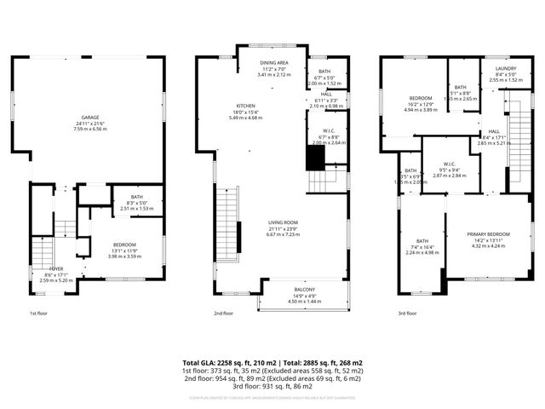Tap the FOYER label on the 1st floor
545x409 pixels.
pos(57,269)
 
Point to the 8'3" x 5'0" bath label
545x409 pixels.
pos(124,199)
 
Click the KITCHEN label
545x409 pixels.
pos(246,106)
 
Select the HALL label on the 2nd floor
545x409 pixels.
pos(326,95)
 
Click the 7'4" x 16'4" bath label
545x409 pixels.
pos(422,241)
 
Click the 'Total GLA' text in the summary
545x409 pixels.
pos(205,363)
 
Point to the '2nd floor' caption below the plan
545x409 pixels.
pos(223,314)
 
